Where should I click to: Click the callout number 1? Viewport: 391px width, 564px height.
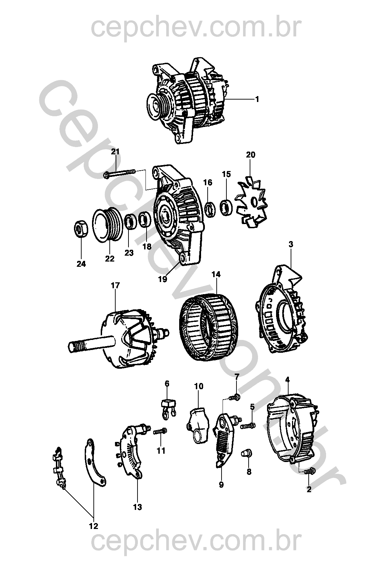pos(257,99)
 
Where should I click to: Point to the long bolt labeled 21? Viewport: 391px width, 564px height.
pos(119,173)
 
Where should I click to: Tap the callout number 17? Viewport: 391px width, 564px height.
pos(115,285)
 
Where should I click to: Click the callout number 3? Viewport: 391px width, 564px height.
pos(291,244)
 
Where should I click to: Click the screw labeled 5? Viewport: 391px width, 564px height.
pos(248,426)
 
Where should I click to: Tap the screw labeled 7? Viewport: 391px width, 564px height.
pos(234,398)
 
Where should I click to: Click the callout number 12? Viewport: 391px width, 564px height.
pos(93,526)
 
